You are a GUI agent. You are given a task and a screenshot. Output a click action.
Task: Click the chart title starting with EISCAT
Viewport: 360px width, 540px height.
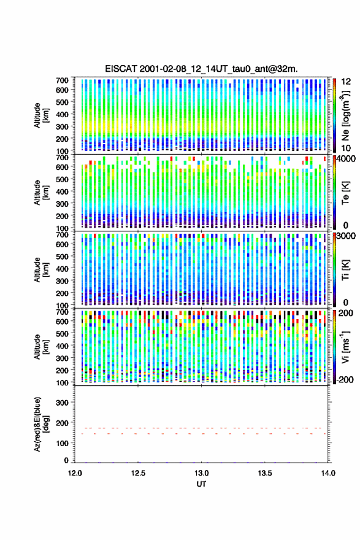pos(201,69)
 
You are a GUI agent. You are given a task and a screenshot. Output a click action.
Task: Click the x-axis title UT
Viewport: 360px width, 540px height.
pos(201,484)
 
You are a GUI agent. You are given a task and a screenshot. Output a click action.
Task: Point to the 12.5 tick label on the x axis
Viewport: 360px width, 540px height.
pos(139,473)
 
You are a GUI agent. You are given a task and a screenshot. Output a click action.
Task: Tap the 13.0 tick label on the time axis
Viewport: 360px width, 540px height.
pos(202,473)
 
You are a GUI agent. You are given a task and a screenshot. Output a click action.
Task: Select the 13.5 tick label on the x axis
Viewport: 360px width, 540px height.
pos(265,473)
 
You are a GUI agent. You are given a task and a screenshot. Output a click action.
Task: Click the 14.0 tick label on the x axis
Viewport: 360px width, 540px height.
pos(328,473)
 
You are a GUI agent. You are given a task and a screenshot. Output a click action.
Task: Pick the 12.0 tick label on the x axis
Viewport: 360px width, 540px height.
pos(75,473)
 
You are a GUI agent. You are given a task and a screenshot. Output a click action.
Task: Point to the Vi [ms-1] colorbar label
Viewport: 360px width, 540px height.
pos(345,347)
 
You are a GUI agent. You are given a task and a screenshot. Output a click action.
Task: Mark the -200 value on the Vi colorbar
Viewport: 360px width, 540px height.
pos(345,380)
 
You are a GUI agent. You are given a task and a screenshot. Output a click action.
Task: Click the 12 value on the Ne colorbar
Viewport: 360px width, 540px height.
pos(346,82)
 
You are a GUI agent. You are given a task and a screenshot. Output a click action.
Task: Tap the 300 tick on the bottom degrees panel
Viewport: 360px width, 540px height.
pos(63,403)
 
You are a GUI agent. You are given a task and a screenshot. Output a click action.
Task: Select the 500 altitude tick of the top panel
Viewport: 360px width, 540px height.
pos(63,102)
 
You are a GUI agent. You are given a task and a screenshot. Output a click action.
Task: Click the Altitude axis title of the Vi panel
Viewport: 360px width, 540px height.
pos(41,347)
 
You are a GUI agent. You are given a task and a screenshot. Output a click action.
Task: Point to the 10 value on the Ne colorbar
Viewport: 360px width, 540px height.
pos(346,148)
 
